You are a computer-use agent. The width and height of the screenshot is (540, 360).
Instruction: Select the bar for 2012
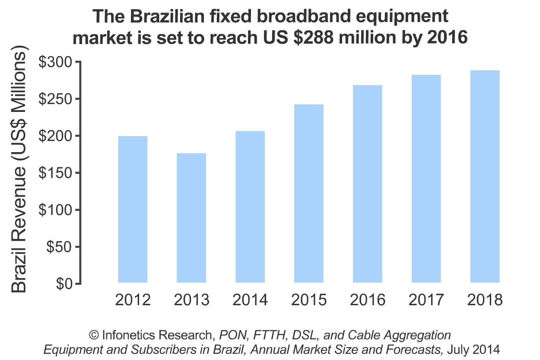point(133,210)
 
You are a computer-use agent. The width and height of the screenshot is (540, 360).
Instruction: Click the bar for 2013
point(191,218)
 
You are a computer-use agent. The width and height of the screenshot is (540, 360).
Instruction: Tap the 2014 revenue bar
point(250,207)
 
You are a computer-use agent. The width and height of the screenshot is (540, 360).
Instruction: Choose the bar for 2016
point(368,184)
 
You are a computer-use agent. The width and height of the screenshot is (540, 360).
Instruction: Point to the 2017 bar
point(426,179)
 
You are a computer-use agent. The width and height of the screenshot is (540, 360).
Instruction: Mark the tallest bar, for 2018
point(485,177)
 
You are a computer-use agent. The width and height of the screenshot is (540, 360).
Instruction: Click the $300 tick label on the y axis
point(57,62)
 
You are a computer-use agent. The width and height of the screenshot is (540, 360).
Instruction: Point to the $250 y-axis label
point(57,99)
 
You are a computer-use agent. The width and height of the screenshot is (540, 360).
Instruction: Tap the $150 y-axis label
point(57,173)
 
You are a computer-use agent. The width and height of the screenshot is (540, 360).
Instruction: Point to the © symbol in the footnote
point(94,335)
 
